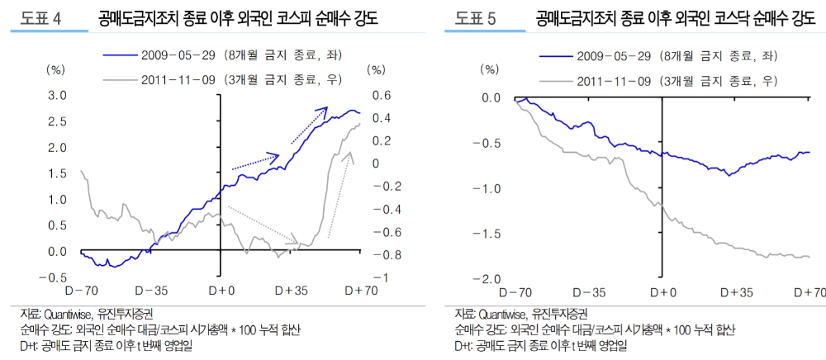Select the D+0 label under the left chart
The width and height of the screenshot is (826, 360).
(x=220, y=290)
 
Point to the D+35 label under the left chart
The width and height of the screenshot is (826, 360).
(x=292, y=290)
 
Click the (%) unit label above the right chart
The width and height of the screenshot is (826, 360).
(x=490, y=69)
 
